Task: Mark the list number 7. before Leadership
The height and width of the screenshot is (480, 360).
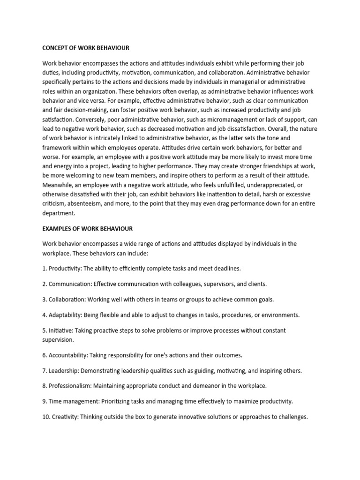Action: (x=45, y=370)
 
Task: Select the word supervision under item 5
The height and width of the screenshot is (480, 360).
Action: (x=58, y=339)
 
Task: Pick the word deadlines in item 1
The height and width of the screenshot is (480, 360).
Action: (x=227, y=269)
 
